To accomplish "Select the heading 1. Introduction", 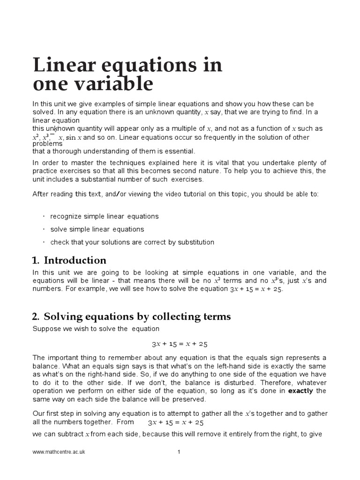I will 70,260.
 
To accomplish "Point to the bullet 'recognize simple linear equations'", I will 105,217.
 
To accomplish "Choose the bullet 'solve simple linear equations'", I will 97,229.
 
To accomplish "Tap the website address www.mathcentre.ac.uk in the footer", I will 59,452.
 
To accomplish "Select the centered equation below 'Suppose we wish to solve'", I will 180,344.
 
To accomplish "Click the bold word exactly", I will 300,390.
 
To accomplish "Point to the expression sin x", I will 74,137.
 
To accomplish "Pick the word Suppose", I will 46,329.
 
